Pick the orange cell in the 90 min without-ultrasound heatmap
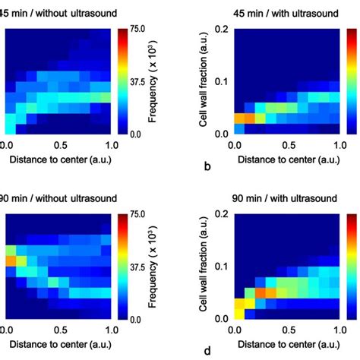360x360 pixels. point(11,260)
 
